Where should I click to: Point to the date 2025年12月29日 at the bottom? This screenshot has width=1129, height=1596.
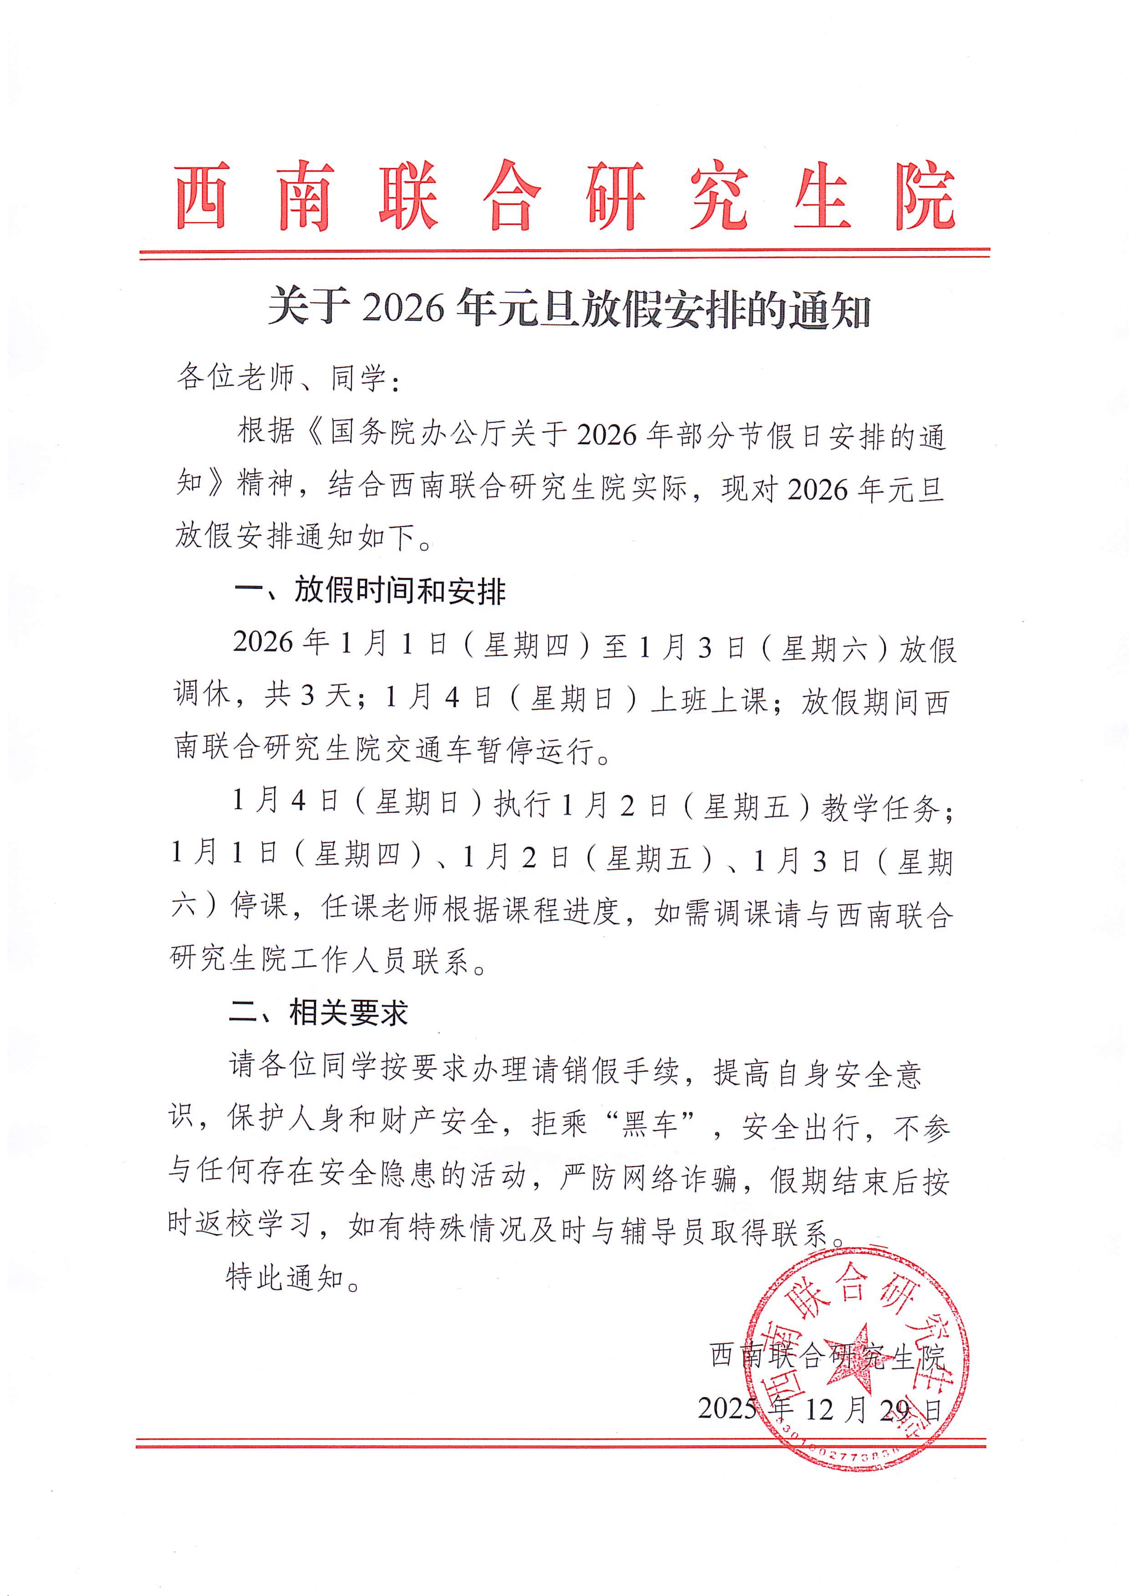coord(820,1409)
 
